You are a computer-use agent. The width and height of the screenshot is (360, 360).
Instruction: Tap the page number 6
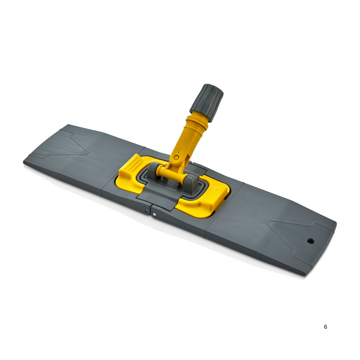325,327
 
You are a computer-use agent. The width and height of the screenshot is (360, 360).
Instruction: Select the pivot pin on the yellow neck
176,157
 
